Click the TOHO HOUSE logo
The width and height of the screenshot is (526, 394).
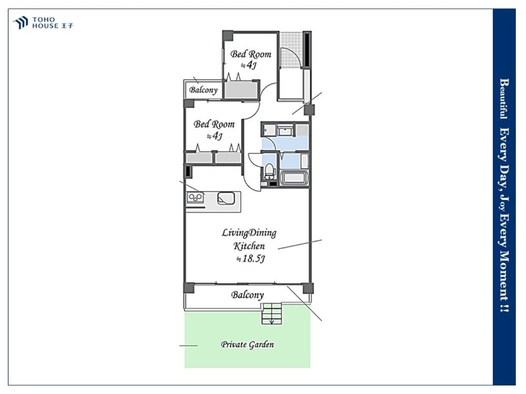(43, 23)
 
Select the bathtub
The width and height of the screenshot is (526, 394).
(294, 178)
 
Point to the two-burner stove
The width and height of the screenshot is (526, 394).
(195, 198)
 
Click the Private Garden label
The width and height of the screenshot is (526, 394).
(247, 345)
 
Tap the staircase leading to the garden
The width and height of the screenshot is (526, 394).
(272, 313)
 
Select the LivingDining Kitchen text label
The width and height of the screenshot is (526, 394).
(249, 239)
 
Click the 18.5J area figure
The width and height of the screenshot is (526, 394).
(251, 258)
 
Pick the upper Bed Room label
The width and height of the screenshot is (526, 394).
(250, 54)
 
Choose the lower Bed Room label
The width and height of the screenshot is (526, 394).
(214, 125)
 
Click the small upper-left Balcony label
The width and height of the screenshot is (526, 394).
(203, 90)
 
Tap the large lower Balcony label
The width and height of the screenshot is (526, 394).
(247, 295)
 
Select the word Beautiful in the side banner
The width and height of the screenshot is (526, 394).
(504, 98)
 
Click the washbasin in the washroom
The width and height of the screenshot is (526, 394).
(285, 130)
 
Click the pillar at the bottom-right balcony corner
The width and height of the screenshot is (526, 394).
(307, 288)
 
